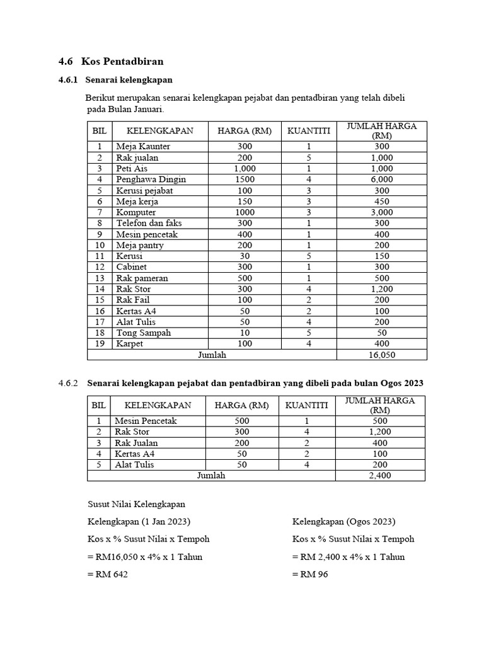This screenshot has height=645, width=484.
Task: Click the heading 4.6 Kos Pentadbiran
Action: click(x=111, y=61)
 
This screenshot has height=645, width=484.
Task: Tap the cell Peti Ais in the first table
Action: click(x=131, y=168)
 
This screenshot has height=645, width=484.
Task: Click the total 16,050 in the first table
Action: click(x=381, y=355)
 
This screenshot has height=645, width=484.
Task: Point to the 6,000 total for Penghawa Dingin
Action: click(x=381, y=180)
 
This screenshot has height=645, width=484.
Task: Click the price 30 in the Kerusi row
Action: click(x=245, y=256)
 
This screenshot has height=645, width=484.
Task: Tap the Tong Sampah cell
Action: click(x=143, y=333)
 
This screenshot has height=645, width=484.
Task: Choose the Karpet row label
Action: click(x=130, y=344)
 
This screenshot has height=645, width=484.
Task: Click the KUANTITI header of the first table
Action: click(x=309, y=131)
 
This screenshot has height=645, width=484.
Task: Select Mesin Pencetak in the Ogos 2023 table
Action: click(x=146, y=421)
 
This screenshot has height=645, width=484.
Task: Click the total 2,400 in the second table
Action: click(x=380, y=476)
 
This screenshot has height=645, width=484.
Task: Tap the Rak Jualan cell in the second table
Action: click(x=136, y=443)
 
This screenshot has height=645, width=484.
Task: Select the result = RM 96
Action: click(x=310, y=574)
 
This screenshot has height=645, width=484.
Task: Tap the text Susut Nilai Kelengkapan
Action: click(x=136, y=505)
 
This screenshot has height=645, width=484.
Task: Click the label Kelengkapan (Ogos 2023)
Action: click(x=343, y=522)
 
